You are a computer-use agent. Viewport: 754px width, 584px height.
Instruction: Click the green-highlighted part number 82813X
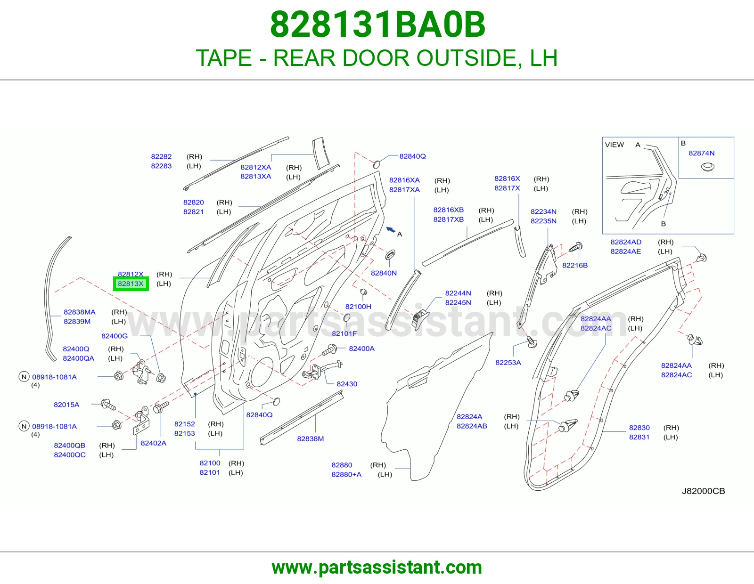[x=131, y=284]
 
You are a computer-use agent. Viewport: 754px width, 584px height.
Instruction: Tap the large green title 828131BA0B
[x=377, y=24]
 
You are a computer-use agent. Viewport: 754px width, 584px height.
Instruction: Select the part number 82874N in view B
[x=701, y=153]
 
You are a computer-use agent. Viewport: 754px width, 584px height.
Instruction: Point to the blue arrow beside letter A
[x=391, y=229]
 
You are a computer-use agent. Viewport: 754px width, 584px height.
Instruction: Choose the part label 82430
[x=347, y=384]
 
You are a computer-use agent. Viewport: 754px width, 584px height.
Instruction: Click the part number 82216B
[x=574, y=265]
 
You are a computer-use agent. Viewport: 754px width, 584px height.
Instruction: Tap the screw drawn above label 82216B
[x=576, y=248]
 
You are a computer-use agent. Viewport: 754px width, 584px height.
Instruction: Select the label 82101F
[x=344, y=333]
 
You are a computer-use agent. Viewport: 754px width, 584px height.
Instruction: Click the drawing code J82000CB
[x=703, y=491]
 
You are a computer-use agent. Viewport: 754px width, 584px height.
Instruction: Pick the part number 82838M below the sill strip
[x=310, y=438]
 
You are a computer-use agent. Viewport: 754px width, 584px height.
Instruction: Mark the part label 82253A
[x=508, y=362]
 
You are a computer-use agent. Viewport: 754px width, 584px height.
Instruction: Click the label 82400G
[x=115, y=336]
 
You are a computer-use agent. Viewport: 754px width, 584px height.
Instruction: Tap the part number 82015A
[x=66, y=405]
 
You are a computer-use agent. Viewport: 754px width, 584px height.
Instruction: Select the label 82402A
[x=153, y=443]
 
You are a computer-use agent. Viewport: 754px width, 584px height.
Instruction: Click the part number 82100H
[x=358, y=307]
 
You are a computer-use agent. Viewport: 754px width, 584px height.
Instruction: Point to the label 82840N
[x=384, y=273]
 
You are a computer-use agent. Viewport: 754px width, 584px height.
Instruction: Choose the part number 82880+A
[x=346, y=474]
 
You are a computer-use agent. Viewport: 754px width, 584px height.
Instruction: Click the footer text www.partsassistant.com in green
[x=377, y=568]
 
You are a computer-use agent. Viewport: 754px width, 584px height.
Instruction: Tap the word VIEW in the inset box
[x=614, y=145]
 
